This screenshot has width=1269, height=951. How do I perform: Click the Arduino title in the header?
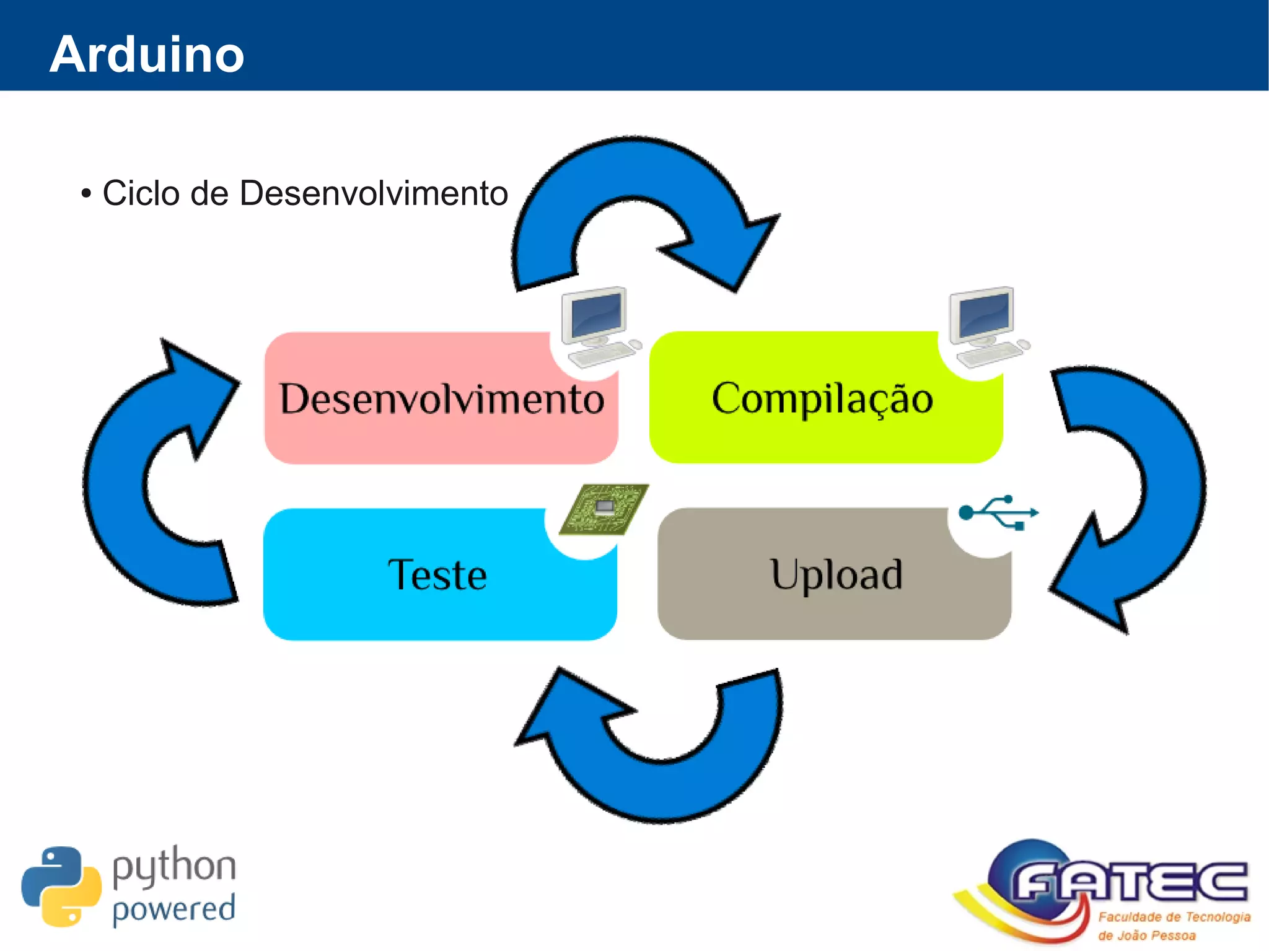tap(147, 55)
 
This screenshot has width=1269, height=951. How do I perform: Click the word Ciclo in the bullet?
tap(142, 193)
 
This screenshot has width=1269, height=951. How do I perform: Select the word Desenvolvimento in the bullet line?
tap(373, 193)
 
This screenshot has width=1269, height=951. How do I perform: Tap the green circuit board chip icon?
tap(604, 509)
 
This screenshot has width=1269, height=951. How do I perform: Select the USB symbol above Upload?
tap(998, 513)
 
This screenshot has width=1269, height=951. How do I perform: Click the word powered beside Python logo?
tap(174, 910)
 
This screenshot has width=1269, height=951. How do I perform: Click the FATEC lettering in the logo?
tap(1128, 882)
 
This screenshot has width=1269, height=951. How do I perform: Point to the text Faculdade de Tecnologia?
tap(1174, 917)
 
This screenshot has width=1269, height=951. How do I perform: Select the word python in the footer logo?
tap(174, 867)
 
